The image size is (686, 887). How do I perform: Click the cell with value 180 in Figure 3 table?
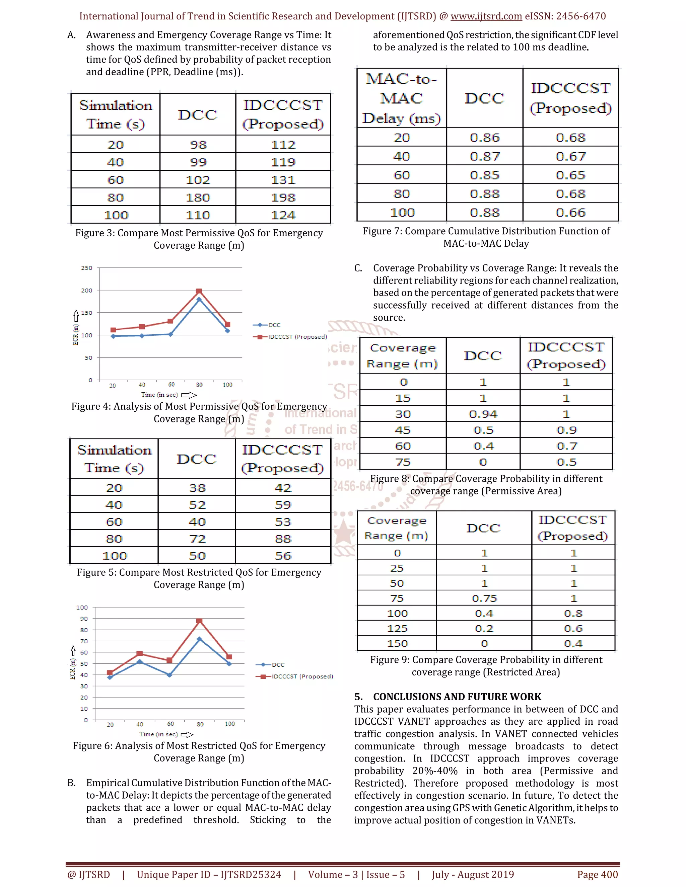click(x=198, y=197)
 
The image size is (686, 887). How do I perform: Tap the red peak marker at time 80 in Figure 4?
click(x=199, y=291)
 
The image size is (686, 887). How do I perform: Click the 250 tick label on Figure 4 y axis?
click(x=86, y=268)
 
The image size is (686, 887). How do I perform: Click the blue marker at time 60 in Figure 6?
click(x=169, y=675)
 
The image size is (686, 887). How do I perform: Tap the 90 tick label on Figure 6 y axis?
click(x=84, y=619)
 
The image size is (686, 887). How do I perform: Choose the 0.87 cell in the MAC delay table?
click(x=484, y=156)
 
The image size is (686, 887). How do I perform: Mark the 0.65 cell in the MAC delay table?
click(x=570, y=175)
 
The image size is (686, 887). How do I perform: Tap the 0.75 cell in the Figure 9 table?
click(x=484, y=598)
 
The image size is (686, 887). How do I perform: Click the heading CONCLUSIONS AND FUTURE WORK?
click(x=457, y=697)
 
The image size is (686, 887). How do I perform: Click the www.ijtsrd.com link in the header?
click(x=486, y=16)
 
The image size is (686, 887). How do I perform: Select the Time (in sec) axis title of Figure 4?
click(x=160, y=395)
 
